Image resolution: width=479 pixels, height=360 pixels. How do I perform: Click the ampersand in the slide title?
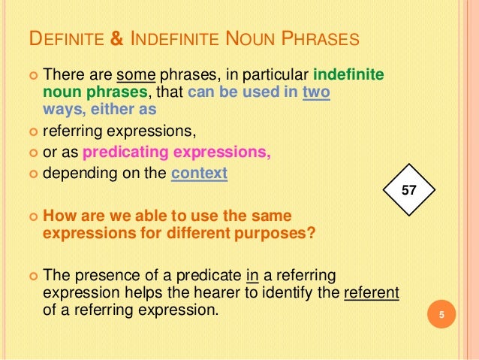(x=116, y=39)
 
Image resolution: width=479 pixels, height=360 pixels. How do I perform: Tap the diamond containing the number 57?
(x=409, y=192)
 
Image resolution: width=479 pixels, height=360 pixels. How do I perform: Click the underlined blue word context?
(x=199, y=174)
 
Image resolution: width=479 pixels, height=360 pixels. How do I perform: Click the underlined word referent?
(x=371, y=292)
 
